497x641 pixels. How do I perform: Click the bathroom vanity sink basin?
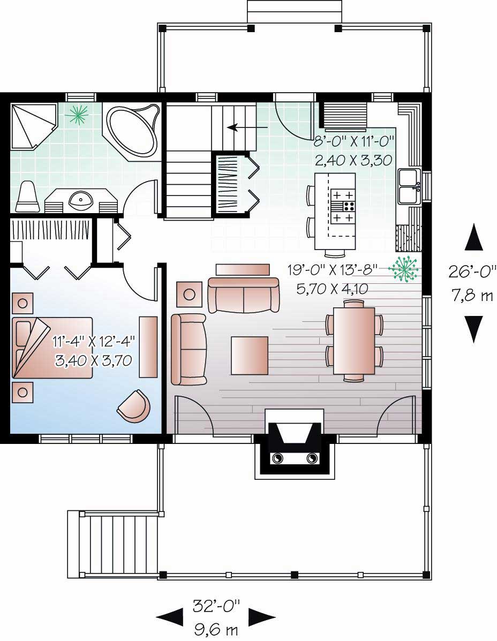[80, 200]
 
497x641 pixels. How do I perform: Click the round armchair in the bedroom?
[133, 405]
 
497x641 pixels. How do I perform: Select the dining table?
[354, 341]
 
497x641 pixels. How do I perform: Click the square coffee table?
[250, 355]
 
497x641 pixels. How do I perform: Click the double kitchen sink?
[410, 186]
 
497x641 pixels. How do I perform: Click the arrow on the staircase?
[247, 127]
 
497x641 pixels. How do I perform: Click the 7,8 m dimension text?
[472, 296]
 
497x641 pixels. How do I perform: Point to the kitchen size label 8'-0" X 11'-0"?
[355, 141]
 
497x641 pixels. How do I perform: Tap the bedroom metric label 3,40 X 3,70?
[94, 360]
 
